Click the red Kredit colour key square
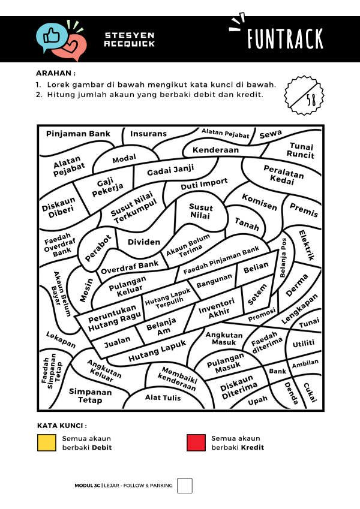coord(196,443)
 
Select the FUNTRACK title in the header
coord(286,38)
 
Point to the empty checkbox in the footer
coord(185,485)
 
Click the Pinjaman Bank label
coord(79,134)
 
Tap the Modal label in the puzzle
coord(124,158)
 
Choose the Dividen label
coord(145,242)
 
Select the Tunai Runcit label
coord(301,150)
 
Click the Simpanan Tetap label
coord(91,396)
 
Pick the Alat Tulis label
coord(163,397)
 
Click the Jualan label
coord(118,343)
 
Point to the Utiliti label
coord(303,344)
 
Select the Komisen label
coord(260,202)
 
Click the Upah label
coord(258,400)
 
